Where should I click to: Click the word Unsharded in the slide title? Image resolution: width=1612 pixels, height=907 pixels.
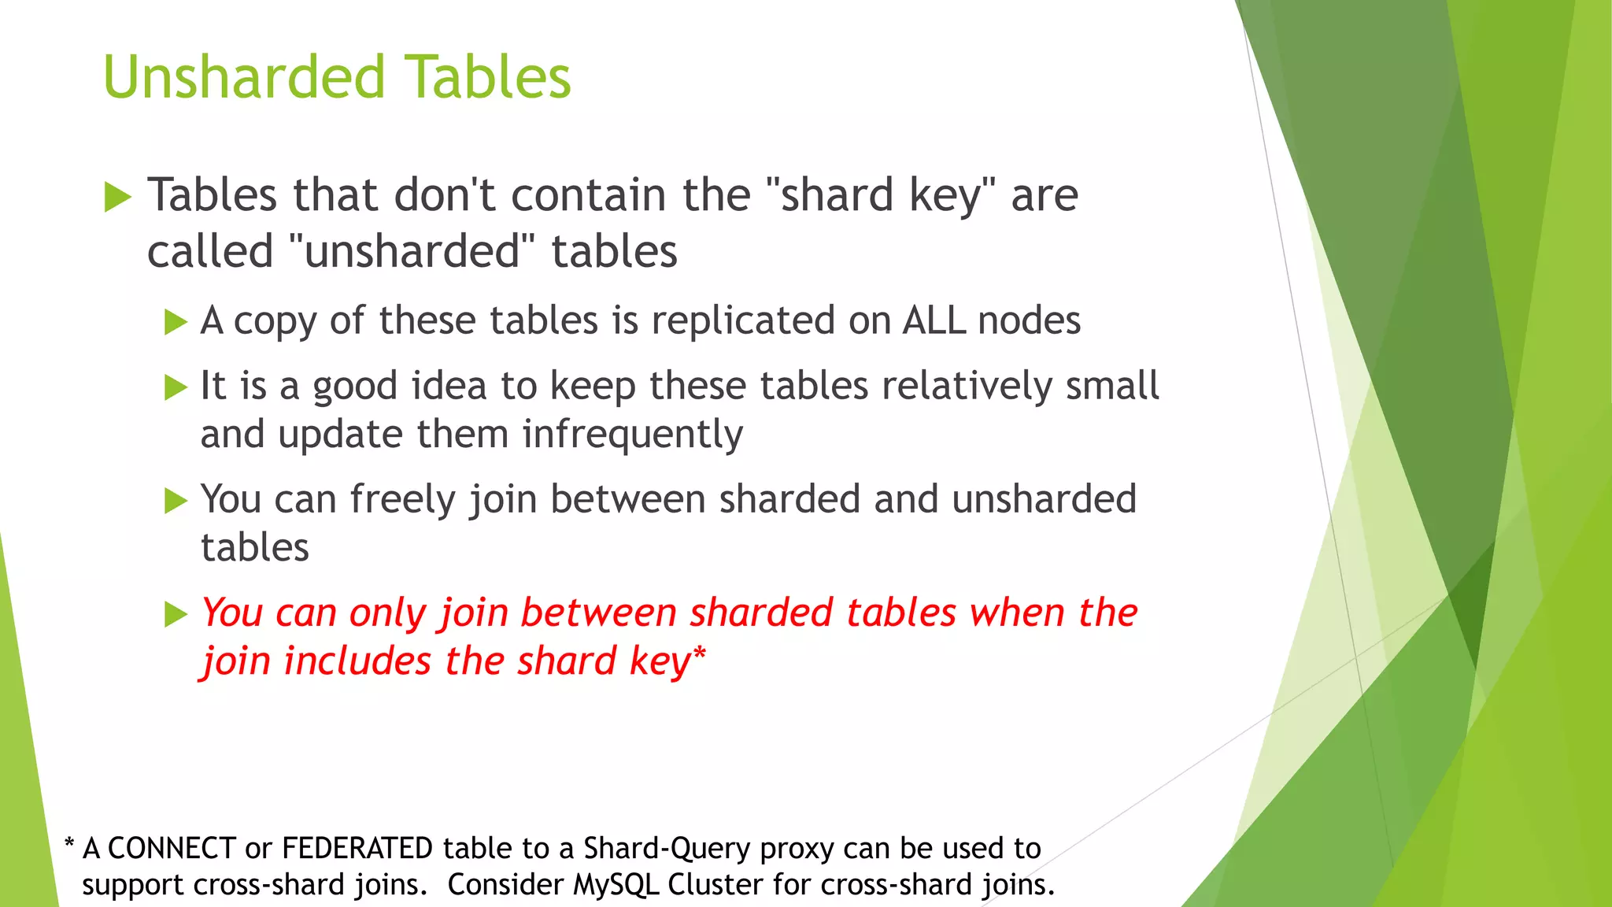(x=244, y=77)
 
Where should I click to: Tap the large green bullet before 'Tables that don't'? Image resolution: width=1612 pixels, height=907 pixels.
(x=117, y=197)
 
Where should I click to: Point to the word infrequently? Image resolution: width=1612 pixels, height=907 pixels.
(x=632, y=435)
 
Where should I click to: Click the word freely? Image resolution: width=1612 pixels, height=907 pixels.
(x=402, y=500)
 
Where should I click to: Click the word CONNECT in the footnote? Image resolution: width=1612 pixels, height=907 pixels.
(x=172, y=849)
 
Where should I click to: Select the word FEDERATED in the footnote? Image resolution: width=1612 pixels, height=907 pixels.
(x=357, y=849)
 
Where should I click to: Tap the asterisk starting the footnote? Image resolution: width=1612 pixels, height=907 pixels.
(x=69, y=846)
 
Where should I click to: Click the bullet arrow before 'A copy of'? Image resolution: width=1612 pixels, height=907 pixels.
(x=176, y=322)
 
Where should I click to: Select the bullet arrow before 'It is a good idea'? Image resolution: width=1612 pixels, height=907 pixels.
(x=176, y=387)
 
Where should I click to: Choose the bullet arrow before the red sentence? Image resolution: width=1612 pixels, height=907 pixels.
(x=176, y=614)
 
